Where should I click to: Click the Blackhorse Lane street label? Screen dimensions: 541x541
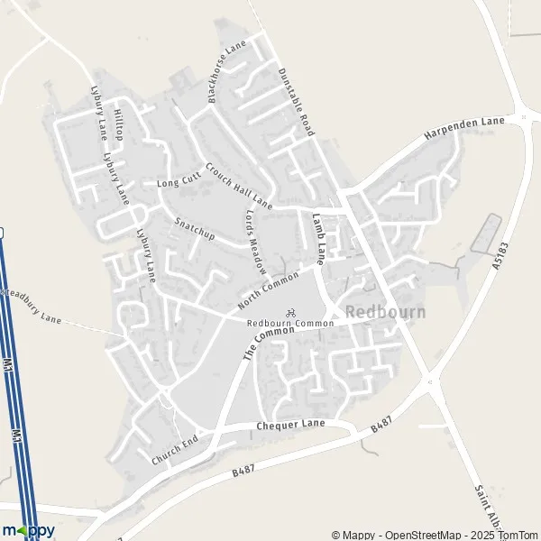(x=225, y=72)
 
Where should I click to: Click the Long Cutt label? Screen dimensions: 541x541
(x=175, y=182)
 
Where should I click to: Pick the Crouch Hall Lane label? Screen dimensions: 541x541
(x=238, y=185)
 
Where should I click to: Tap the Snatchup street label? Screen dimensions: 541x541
(x=194, y=226)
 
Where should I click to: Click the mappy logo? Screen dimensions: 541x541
(x=29, y=530)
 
